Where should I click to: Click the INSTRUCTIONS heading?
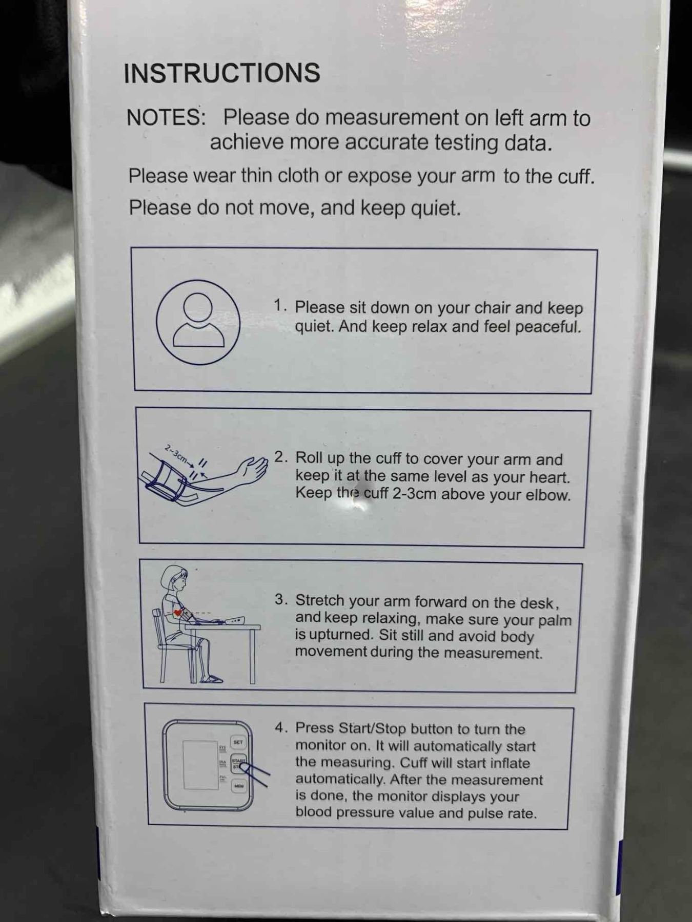pos(222,73)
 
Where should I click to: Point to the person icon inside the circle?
pos(198,320)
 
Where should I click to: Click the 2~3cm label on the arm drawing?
pos(176,454)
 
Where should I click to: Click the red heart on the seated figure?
pos(177,612)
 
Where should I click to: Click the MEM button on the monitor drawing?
pos(238,785)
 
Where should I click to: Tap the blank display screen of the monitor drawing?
pos(200,765)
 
